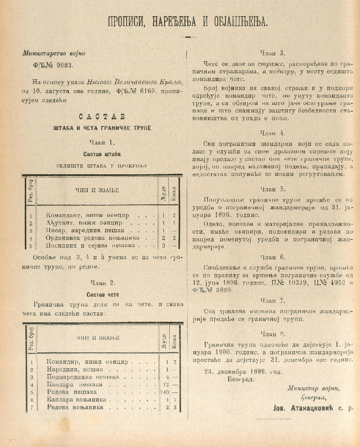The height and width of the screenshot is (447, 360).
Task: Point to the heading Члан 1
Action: (102, 143)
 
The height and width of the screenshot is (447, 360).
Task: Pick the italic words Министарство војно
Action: (54, 53)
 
